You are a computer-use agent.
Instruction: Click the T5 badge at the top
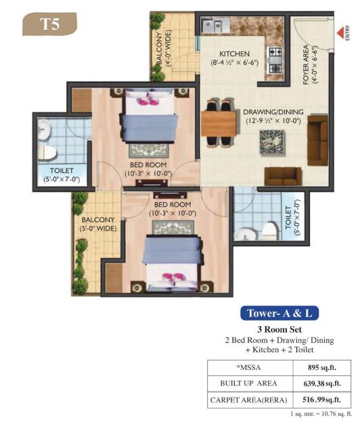[x=50, y=24]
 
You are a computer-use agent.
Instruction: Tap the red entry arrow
[x=340, y=32]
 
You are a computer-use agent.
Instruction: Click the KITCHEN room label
[x=234, y=54]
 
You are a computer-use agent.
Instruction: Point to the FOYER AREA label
[x=306, y=65]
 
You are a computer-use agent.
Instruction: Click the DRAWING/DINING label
[x=273, y=112]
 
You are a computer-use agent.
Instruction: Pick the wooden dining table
[x=219, y=124]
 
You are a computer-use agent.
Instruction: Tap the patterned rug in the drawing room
[x=272, y=143]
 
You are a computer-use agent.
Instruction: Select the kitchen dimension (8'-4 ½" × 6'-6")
[x=234, y=63]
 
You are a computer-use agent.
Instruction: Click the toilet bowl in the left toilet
[x=47, y=153]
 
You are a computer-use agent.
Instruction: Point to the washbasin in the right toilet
[x=245, y=234]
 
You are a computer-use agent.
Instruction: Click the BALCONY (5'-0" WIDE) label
[x=97, y=224]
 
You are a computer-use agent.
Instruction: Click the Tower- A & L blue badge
[x=279, y=313]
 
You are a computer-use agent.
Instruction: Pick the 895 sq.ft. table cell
[x=322, y=367]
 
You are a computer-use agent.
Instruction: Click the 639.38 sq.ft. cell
[x=322, y=383]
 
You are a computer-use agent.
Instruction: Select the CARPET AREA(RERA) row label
[x=248, y=400]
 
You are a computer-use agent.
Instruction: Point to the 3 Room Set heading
[x=279, y=329]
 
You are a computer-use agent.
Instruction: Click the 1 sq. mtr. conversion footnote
[x=321, y=414]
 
